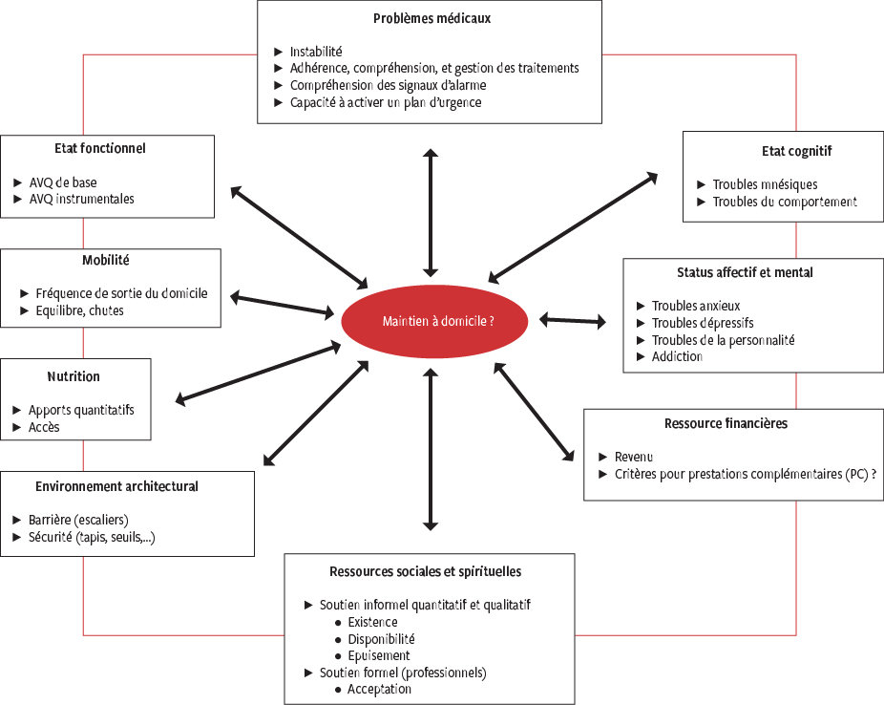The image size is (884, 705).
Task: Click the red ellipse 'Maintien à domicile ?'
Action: coord(434,322)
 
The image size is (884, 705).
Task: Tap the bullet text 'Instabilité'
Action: coord(316,52)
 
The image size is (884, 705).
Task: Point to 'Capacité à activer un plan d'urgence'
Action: coord(386,102)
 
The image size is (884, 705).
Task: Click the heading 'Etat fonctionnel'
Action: coord(99,148)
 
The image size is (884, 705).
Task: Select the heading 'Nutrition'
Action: coord(74,376)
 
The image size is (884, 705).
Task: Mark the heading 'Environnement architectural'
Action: coord(117,486)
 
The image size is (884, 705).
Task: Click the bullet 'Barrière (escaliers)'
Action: coord(85,520)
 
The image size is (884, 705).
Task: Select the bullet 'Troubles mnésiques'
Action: coord(765,184)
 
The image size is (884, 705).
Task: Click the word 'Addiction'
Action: coord(677,356)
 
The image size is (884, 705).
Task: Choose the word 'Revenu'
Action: coord(634,457)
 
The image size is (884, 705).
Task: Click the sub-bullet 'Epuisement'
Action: coord(379,655)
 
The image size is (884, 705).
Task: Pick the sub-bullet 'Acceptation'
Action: coord(380,689)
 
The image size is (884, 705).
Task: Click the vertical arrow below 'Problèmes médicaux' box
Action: coord(431,212)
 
